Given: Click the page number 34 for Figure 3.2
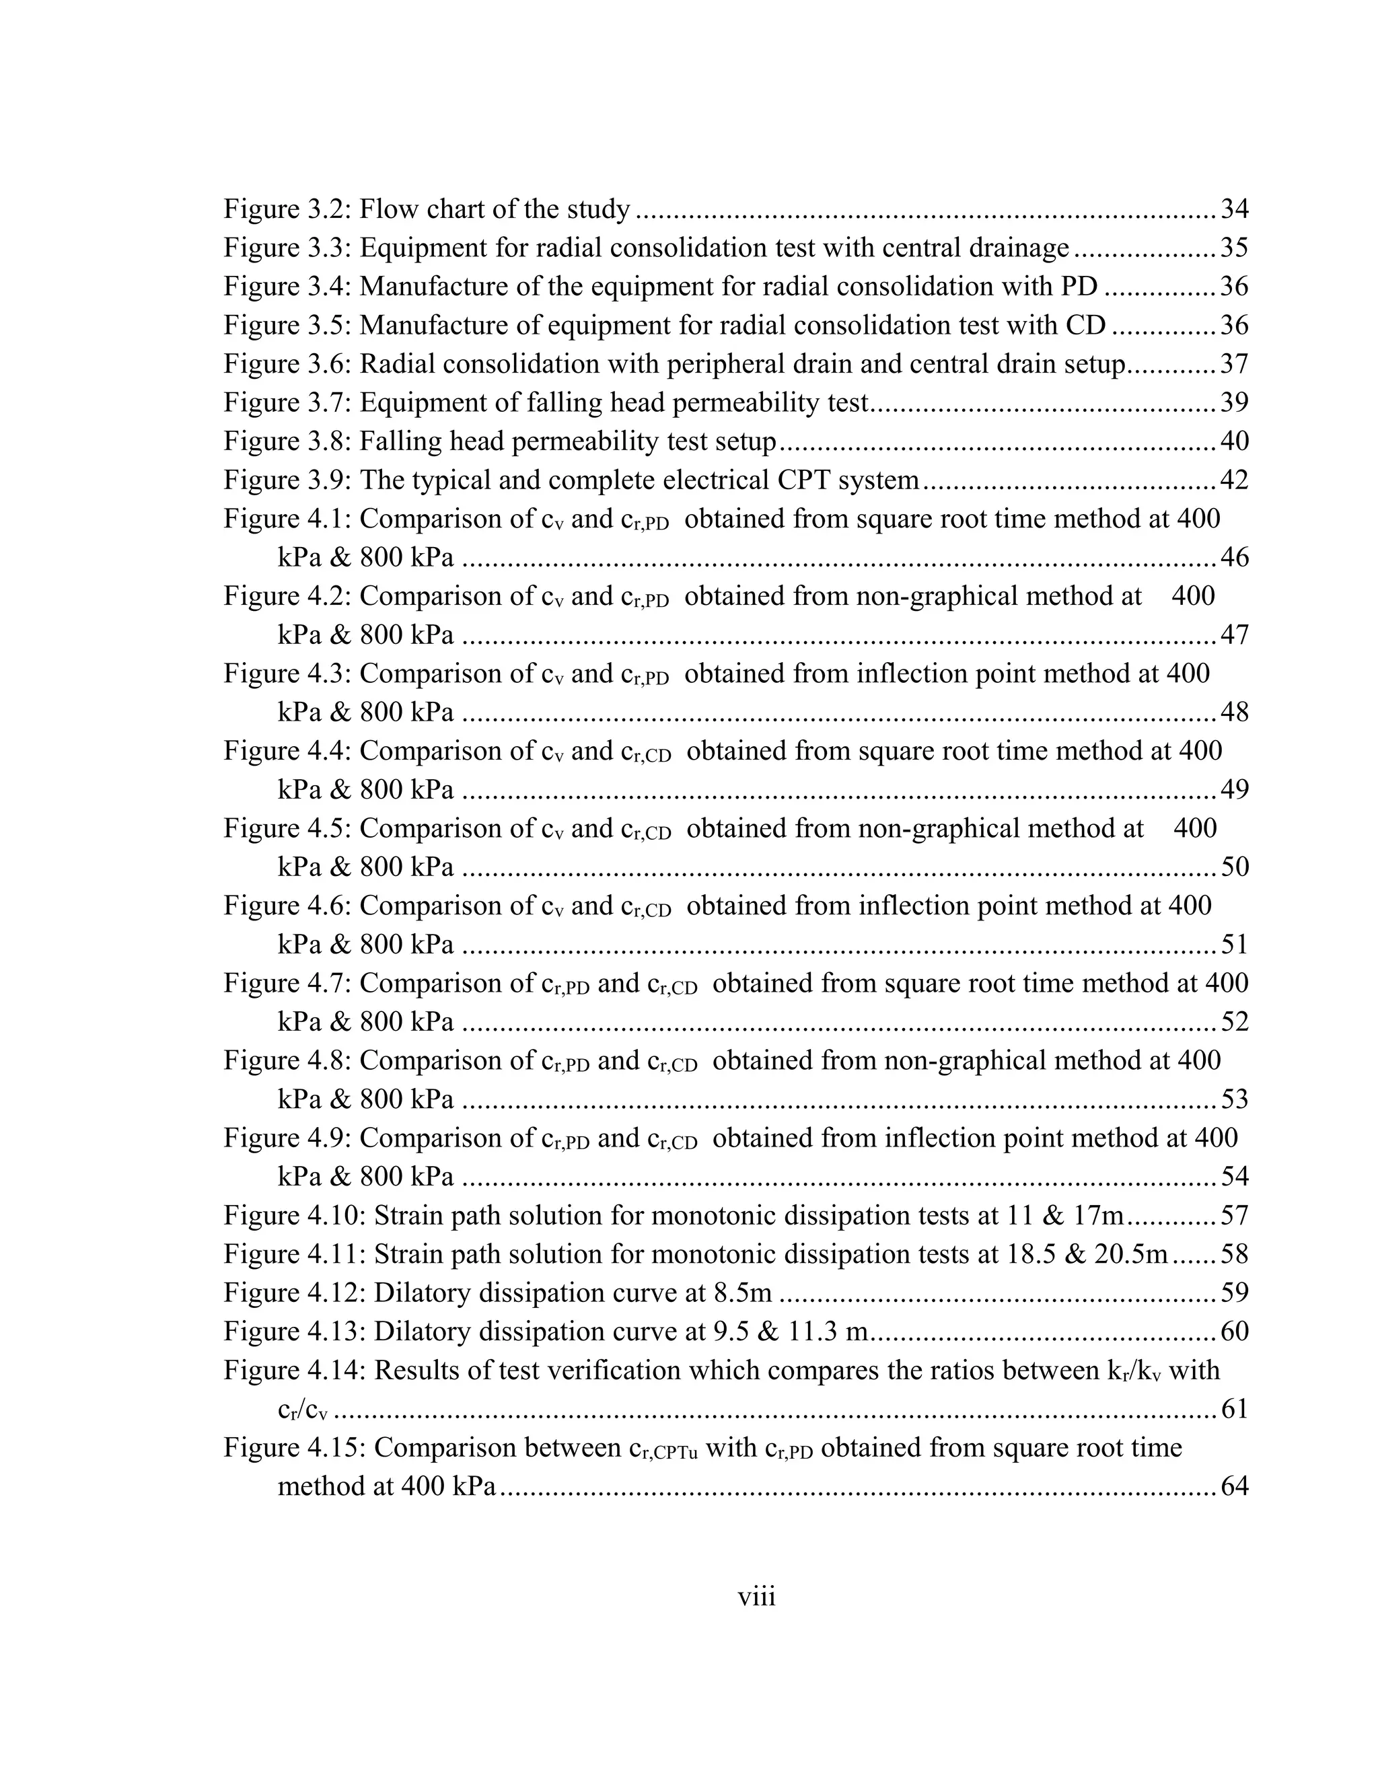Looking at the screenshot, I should tap(1233, 210).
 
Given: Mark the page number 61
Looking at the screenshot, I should tap(1233, 1410).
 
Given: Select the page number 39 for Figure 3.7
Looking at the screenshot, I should tap(1233, 403).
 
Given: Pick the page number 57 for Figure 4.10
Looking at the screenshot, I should tap(1233, 1216).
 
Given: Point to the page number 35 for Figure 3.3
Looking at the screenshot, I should tap(1233, 248).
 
